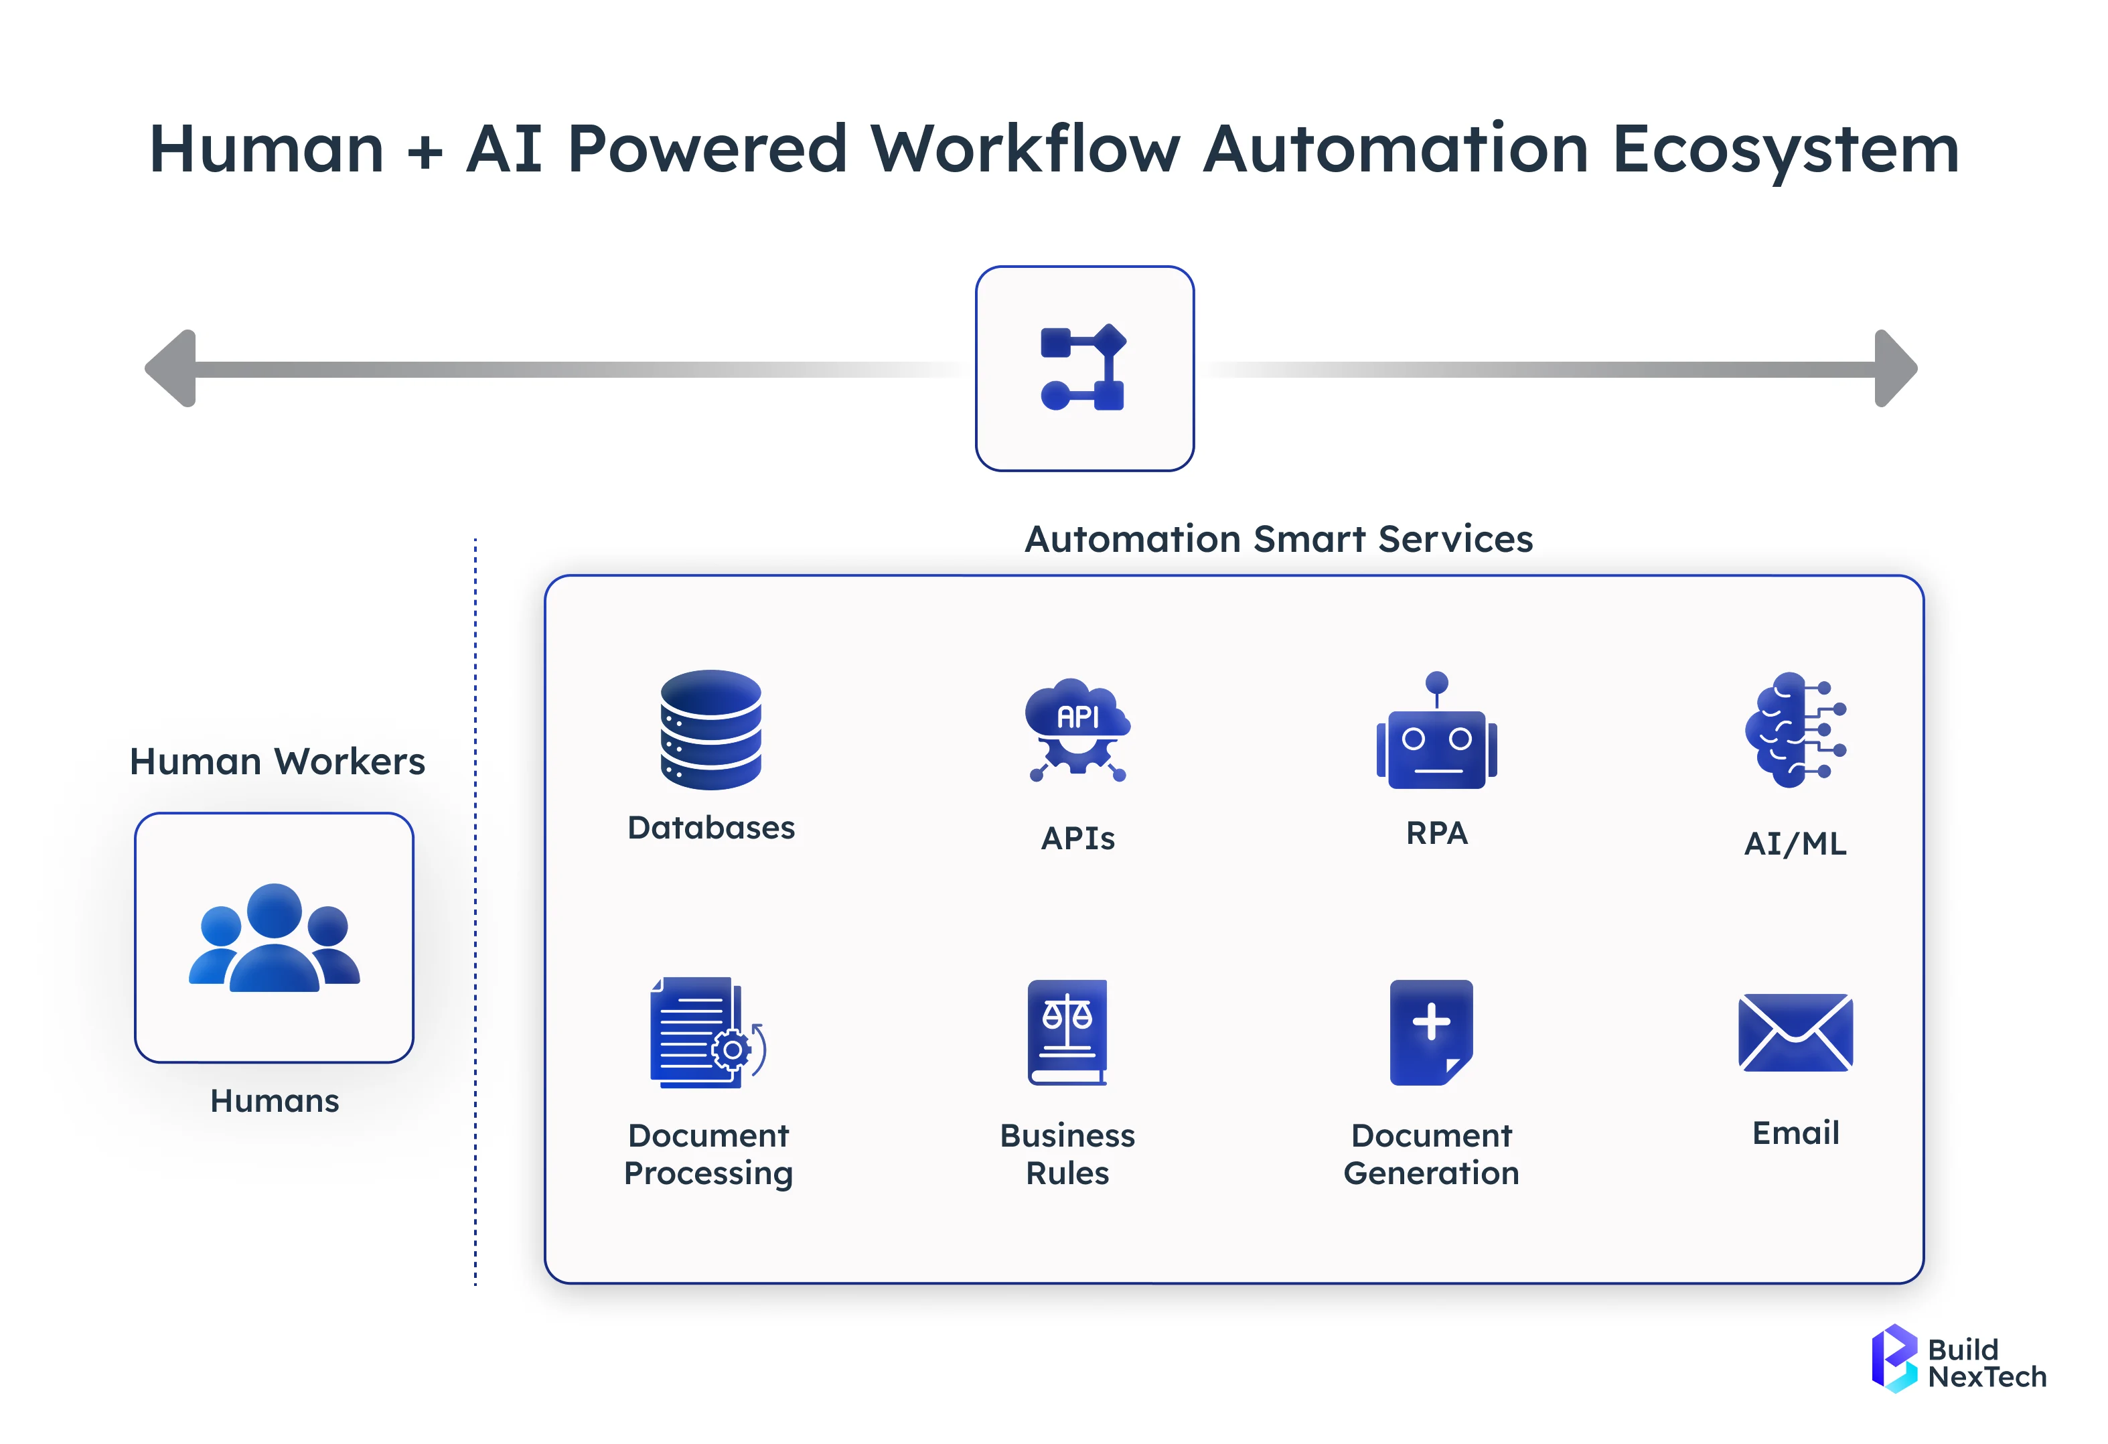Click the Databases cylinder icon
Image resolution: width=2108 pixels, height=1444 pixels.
pyautogui.click(x=710, y=729)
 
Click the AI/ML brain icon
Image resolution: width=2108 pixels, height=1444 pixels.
pyautogui.click(x=1794, y=729)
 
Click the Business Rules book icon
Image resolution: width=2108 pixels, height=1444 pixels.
pyautogui.click(x=1067, y=1031)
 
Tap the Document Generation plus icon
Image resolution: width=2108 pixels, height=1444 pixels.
pyautogui.click(x=1430, y=1031)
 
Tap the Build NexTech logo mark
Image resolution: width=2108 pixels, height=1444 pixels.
pyautogui.click(x=1893, y=1357)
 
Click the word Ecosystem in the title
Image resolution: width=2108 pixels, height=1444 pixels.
pyautogui.click(x=1785, y=149)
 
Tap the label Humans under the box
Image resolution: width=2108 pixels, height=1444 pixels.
pyautogui.click(x=274, y=1100)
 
